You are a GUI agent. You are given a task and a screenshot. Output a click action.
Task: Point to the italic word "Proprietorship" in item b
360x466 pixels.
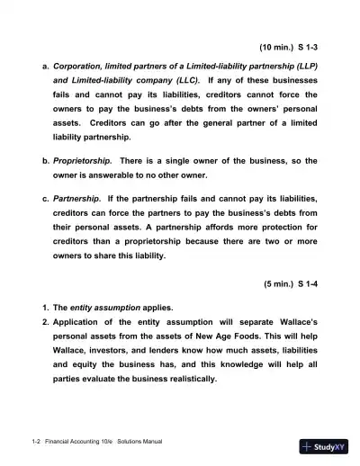[90, 160]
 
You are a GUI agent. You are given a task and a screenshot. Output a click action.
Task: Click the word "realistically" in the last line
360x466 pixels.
[185, 378]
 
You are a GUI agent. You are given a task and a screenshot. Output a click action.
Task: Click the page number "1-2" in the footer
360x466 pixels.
[36, 442]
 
